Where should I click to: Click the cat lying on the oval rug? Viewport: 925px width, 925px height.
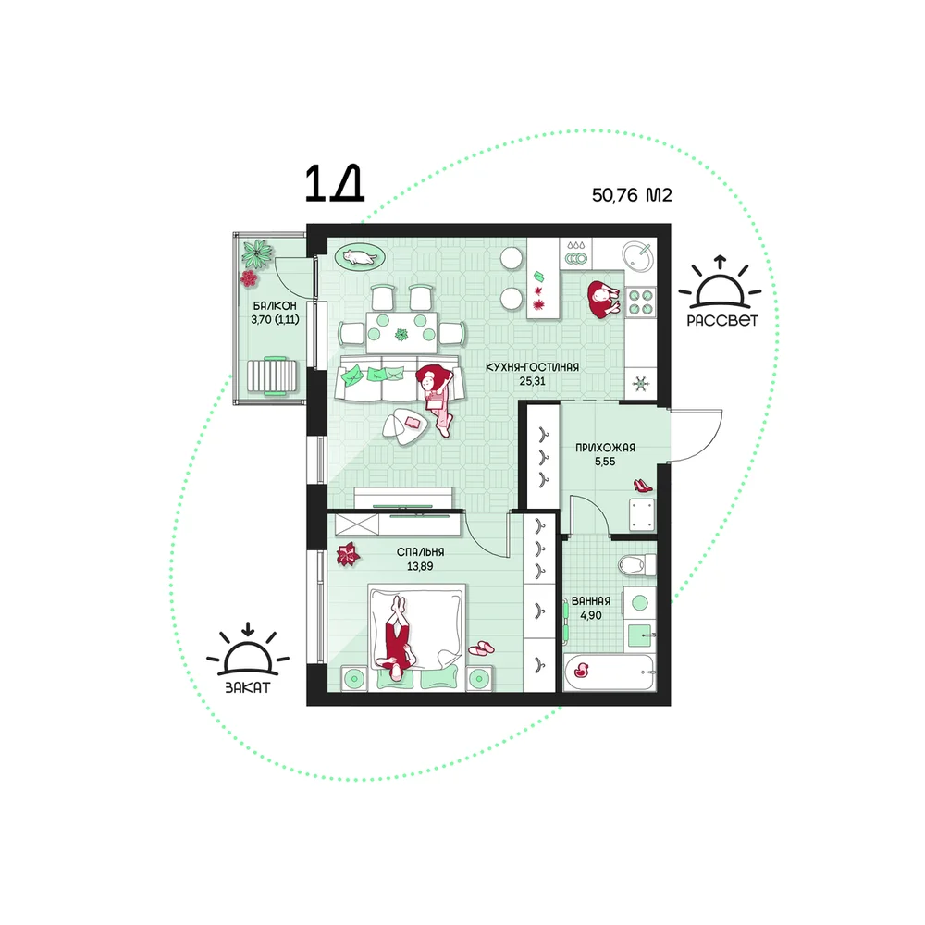[x=359, y=257]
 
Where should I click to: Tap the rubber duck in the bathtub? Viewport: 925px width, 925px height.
[x=583, y=670]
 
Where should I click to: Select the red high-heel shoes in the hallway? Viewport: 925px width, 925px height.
[x=643, y=486]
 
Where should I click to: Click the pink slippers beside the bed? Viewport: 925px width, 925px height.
[x=482, y=648]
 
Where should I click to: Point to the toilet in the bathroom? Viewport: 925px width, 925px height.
[x=637, y=564]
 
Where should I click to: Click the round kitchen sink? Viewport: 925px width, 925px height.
[x=638, y=256]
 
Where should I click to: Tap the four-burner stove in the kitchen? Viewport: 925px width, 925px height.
[x=641, y=301]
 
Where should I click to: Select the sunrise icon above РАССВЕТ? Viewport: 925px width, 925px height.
[x=720, y=283]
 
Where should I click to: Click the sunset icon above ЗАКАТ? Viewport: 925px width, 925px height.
[x=248, y=650]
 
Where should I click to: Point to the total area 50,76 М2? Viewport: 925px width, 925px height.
[x=632, y=194]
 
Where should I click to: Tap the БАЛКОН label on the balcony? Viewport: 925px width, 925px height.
[x=275, y=305]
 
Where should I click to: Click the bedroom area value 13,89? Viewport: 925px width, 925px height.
[x=420, y=566]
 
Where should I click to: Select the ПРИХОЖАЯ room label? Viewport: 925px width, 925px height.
[x=605, y=448]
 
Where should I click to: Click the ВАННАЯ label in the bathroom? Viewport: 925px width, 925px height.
[x=590, y=601]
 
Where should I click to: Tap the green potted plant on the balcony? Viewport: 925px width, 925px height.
[x=256, y=253]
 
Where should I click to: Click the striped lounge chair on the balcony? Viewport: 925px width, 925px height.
[x=272, y=376]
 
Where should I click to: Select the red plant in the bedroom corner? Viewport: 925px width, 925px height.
[x=348, y=554]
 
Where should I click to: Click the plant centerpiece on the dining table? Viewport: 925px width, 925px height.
[x=401, y=335]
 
